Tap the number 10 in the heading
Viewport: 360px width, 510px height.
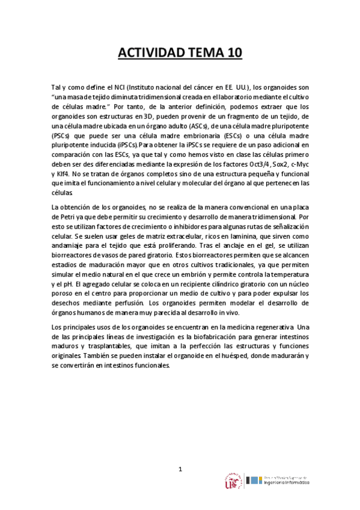click(231, 53)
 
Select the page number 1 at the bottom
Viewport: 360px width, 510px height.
click(180, 469)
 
